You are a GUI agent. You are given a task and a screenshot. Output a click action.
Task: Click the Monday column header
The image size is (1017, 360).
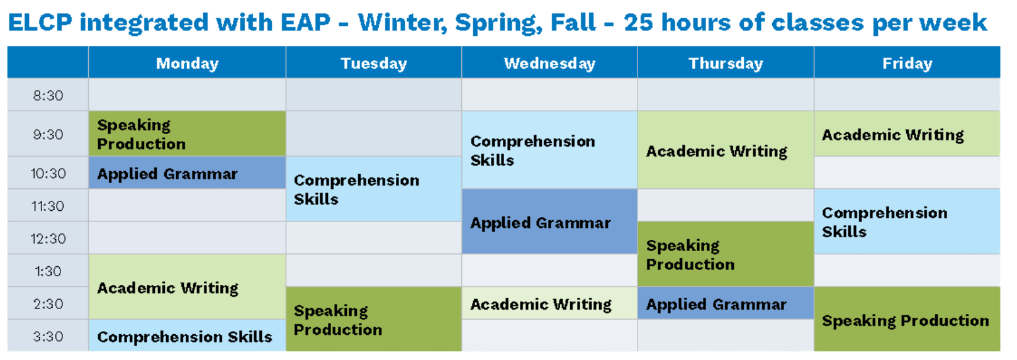click(x=187, y=64)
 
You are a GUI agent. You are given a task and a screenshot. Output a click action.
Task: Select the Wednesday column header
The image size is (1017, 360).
click(x=549, y=64)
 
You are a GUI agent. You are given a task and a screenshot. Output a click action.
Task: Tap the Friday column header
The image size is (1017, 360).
click(x=907, y=64)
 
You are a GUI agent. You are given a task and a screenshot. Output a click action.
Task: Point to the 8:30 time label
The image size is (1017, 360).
click(x=48, y=96)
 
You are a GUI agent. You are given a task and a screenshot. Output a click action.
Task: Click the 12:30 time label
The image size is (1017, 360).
click(x=48, y=239)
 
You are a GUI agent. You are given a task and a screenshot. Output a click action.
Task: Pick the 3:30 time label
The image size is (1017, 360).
click(x=48, y=337)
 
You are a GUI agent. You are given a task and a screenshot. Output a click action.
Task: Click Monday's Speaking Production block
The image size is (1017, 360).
click(x=187, y=134)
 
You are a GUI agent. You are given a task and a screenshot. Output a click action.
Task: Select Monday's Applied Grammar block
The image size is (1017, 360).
click(x=187, y=174)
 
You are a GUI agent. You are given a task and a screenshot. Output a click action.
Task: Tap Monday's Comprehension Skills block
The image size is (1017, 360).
click(x=187, y=337)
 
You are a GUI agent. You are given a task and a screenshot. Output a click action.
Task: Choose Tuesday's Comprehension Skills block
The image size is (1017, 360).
click(x=374, y=189)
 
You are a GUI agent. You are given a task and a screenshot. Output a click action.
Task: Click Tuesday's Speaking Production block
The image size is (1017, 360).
click(x=374, y=320)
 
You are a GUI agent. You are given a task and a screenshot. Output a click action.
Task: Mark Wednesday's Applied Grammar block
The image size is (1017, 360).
click(x=549, y=222)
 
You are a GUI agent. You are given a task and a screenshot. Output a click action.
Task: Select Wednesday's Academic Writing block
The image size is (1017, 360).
click(x=549, y=304)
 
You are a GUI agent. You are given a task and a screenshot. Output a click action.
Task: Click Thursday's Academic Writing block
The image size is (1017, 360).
click(x=726, y=151)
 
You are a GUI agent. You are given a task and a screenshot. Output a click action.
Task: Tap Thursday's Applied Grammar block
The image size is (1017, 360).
click(x=726, y=304)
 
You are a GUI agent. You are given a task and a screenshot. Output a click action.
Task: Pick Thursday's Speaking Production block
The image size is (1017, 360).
click(x=726, y=254)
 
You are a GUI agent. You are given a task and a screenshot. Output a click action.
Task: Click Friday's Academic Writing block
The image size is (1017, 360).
click(x=907, y=135)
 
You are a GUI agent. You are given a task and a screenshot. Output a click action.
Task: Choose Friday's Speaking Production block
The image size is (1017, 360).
click(x=907, y=320)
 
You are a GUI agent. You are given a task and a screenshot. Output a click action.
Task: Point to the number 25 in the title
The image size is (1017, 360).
click(x=638, y=23)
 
